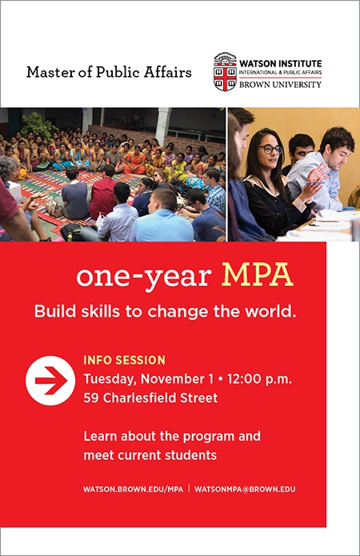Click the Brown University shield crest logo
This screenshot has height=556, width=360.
[x=225, y=72]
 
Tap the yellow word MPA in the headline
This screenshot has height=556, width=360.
[x=258, y=275]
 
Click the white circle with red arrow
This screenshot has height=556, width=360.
[x=50, y=381]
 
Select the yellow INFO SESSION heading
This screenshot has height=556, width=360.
[x=125, y=360]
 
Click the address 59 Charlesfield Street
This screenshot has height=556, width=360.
[x=150, y=398]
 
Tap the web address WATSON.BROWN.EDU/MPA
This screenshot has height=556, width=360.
[x=134, y=489]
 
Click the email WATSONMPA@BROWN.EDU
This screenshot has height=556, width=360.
[x=245, y=489]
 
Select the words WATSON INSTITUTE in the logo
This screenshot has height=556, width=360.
[x=281, y=64]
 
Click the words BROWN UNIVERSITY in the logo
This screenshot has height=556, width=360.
[x=280, y=84]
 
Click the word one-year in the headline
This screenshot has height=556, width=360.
[x=144, y=277]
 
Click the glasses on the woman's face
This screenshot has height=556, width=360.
[x=270, y=149]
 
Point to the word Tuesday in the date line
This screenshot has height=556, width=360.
[x=110, y=379]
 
